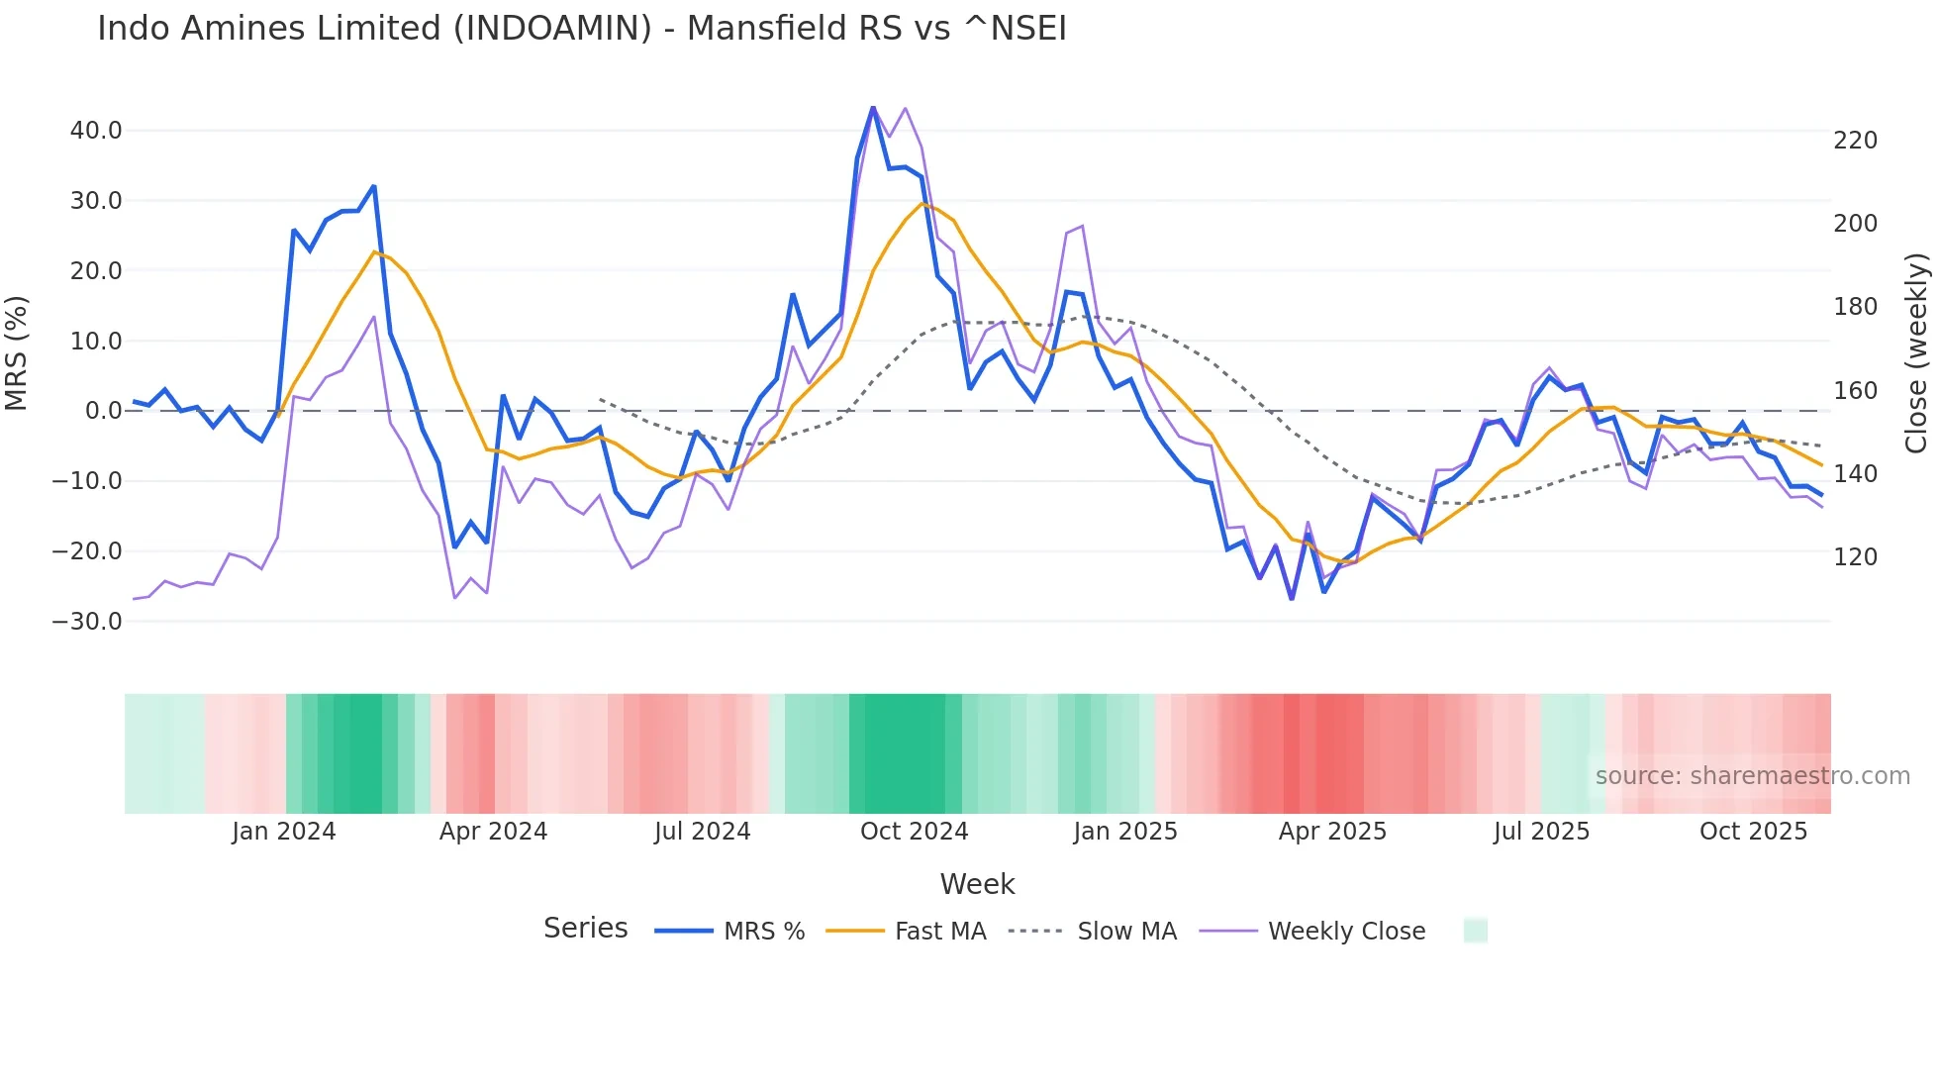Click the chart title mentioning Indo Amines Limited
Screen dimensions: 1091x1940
(x=582, y=29)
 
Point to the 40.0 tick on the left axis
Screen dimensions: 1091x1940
(x=96, y=131)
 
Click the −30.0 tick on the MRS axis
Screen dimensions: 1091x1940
(x=87, y=622)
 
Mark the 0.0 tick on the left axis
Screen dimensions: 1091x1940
(x=103, y=411)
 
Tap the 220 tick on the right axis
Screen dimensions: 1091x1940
(x=1855, y=141)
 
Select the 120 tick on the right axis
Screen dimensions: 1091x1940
(x=1855, y=557)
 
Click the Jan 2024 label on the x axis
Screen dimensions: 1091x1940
(x=284, y=832)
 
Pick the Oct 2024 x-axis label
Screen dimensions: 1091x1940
(x=914, y=832)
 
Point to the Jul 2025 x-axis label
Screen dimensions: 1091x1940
(x=1541, y=832)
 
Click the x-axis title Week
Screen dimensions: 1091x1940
(x=977, y=884)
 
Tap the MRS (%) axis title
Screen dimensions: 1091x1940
(x=17, y=353)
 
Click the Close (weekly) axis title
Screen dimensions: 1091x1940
(x=1916, y=353)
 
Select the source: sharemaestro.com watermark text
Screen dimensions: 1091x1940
(x=1752, y=776)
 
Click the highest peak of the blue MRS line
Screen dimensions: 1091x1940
(x=873, y=107)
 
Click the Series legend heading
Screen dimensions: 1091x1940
(x=585, y=929)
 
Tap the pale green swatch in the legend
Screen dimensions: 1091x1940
(x=1475, y=931)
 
